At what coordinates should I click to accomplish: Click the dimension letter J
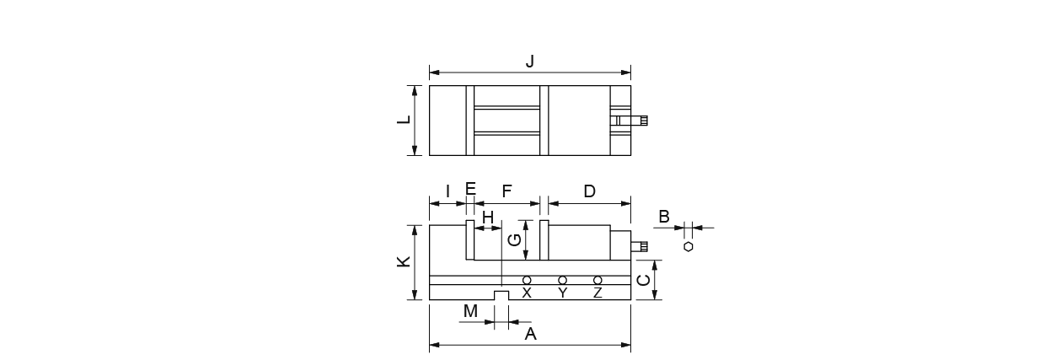(x=530, y=62)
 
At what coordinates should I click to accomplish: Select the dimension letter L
(x=404, y=119)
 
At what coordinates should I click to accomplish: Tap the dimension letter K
(x=404, y=261)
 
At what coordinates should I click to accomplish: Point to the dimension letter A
(x=531, y=334)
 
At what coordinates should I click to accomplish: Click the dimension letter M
(x=471, y=310)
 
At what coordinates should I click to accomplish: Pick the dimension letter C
(x=644, y=280)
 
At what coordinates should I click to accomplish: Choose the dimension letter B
(x=664, y=217)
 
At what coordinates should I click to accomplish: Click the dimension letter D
(x=590, y=191)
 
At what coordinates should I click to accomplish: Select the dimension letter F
(x=507, y=191)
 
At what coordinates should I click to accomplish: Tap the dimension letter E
(x=471, y=189)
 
